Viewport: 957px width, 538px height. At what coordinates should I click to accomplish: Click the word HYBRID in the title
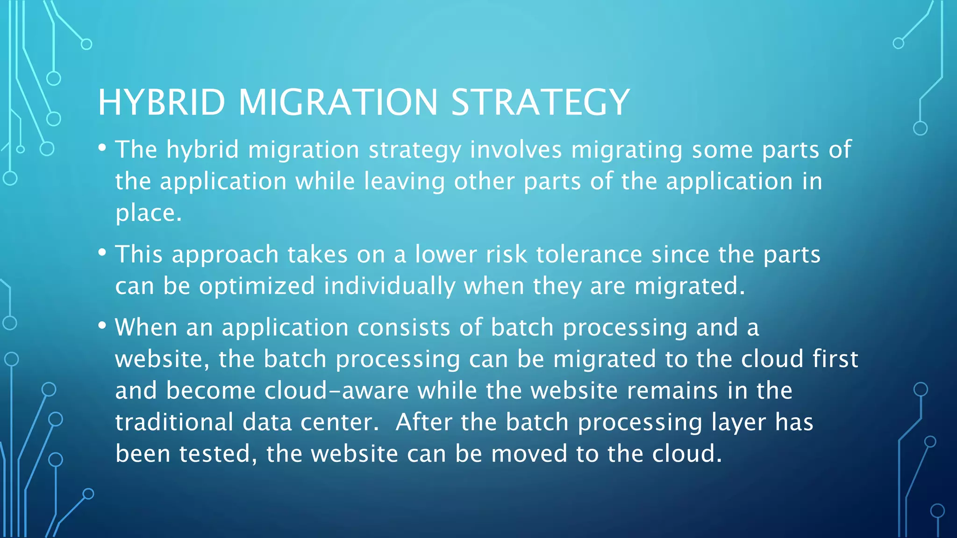click(161, 102)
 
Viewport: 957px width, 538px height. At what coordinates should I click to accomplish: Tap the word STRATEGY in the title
click(540, 102)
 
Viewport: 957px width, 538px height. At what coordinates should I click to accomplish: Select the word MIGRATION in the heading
click(338, 102)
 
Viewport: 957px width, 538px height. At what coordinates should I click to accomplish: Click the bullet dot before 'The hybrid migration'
click(102, 148)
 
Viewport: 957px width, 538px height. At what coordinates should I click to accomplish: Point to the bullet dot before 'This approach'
click(102, 253)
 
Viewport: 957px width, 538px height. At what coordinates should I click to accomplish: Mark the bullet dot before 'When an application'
click(102, 326)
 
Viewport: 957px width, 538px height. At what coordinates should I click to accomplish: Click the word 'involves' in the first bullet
click(515, 150)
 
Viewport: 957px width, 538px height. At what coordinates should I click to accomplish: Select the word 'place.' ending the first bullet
click(148, 213)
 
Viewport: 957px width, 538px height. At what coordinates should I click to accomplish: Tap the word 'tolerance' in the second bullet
click(589, 255)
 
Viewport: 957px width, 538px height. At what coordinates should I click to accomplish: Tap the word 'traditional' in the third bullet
click(174, 422)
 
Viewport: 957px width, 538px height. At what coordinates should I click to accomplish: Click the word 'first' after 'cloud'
click(835, 359)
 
